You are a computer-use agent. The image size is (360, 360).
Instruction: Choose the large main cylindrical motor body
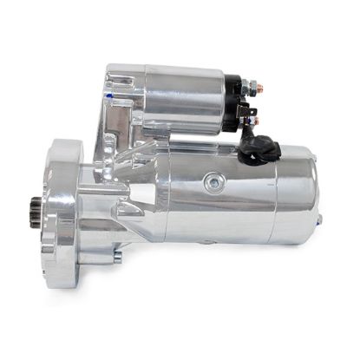click(x=217, y=200)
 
